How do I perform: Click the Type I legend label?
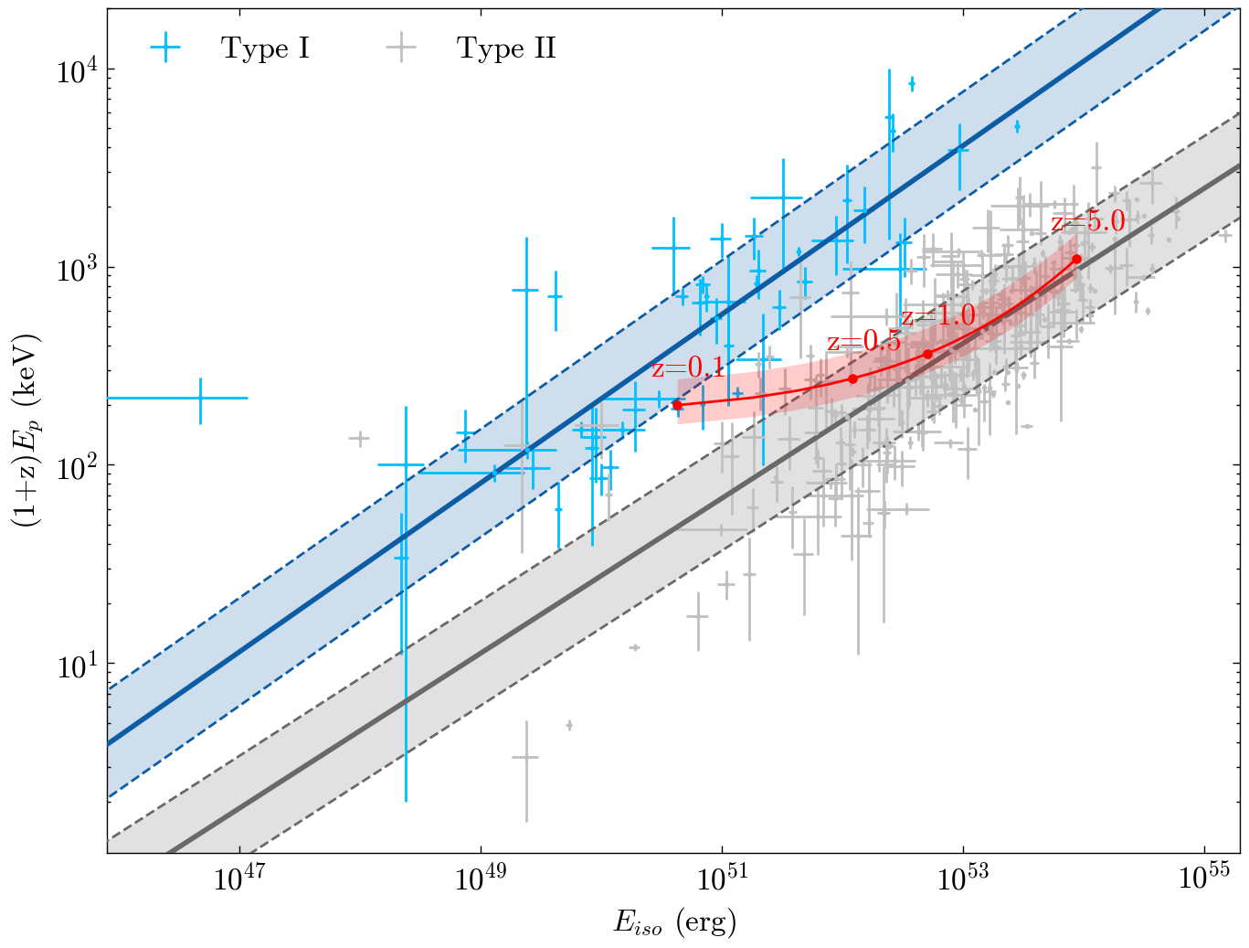pyautogui.click(x=265, y=48)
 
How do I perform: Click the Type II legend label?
pyautogui.click(x=506, y=48)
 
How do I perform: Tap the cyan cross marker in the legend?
pyautogui.click(x=165, y=48)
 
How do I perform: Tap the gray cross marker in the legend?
pyautogui.click(x=401, y=48)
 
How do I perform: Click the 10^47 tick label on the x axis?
pyautogui.click(x=239, y=879)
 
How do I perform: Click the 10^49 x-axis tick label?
pyautogui.click(x=481, y=879)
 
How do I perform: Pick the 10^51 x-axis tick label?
pyautogui.click(x=722, y=879)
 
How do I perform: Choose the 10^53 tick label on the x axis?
pyautogui.click(x=963, y=879)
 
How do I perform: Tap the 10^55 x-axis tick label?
pyautogui.click(x=1204, y=879)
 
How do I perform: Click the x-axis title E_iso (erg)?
pyautogui.click(x=674, y=922)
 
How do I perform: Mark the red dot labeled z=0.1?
pyautogui.click(x=677, y=405)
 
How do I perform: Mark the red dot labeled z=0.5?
pyautogui.click(x=853, y=378)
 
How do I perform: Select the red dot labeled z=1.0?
pyautogui.click(x=928, y=354)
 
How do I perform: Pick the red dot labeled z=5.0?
pyautogui.click(x=1076, y=259)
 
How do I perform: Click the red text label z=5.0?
pyautogui.click(x=1087, y=222)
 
